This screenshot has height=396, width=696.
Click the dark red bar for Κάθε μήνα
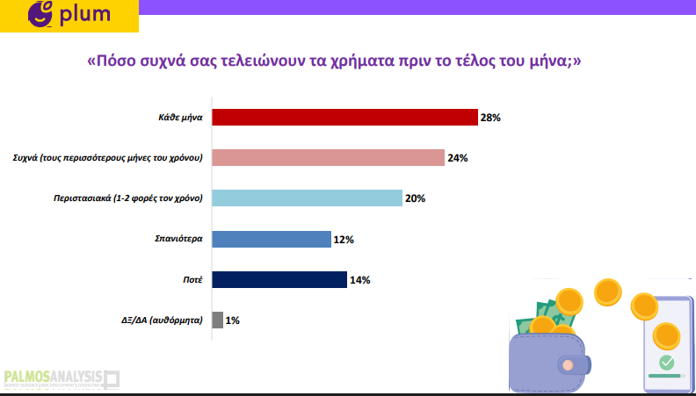point(344,118)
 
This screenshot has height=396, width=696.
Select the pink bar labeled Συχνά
point(328,157)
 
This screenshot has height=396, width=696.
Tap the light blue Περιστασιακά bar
point(308,198)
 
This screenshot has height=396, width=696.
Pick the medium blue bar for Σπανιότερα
point(272,239)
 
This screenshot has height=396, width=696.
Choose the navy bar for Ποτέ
point(279,280)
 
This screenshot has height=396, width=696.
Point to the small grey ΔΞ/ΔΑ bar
point(218,320)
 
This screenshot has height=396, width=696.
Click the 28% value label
point(490,118)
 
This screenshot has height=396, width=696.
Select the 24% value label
point(458,158)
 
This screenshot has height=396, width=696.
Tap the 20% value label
point(415,198)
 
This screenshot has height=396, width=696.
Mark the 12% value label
point(344,240)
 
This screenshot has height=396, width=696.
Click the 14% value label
point(360,280)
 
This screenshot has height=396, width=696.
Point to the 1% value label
point(233,320)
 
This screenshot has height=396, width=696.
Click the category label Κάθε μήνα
point(181,118)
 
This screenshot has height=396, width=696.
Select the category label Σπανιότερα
point(179,239)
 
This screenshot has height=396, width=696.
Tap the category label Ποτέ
point(192,280)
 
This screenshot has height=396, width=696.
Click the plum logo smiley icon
point(40,13)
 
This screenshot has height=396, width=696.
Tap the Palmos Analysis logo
point(62,380)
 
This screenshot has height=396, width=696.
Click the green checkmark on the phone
point(666,363)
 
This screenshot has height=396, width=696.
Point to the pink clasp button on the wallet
point(568,365)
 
